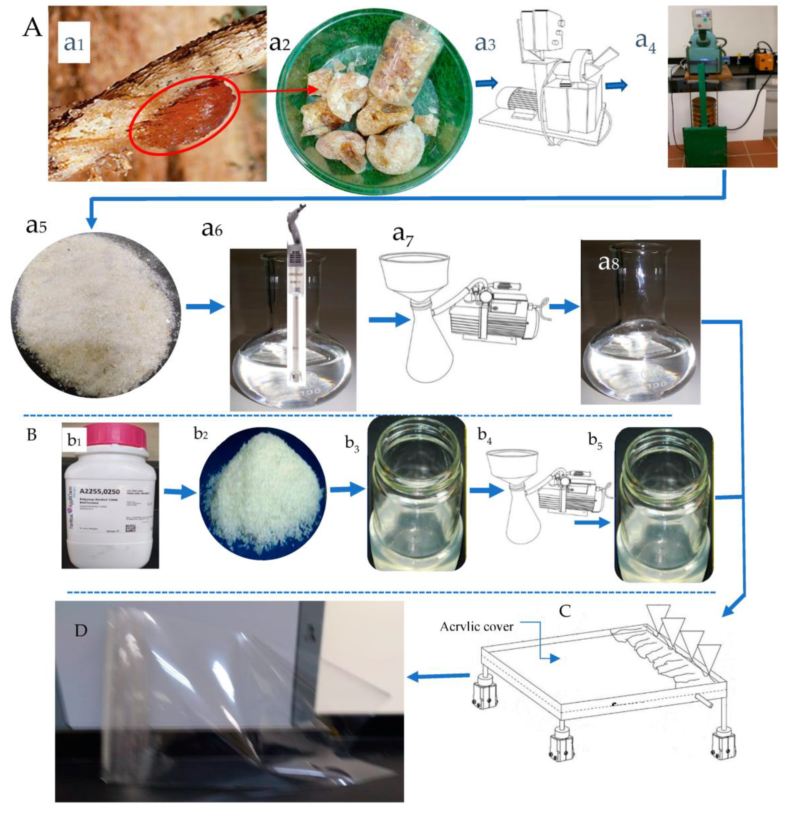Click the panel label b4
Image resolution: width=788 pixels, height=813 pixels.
coord(485,435)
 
